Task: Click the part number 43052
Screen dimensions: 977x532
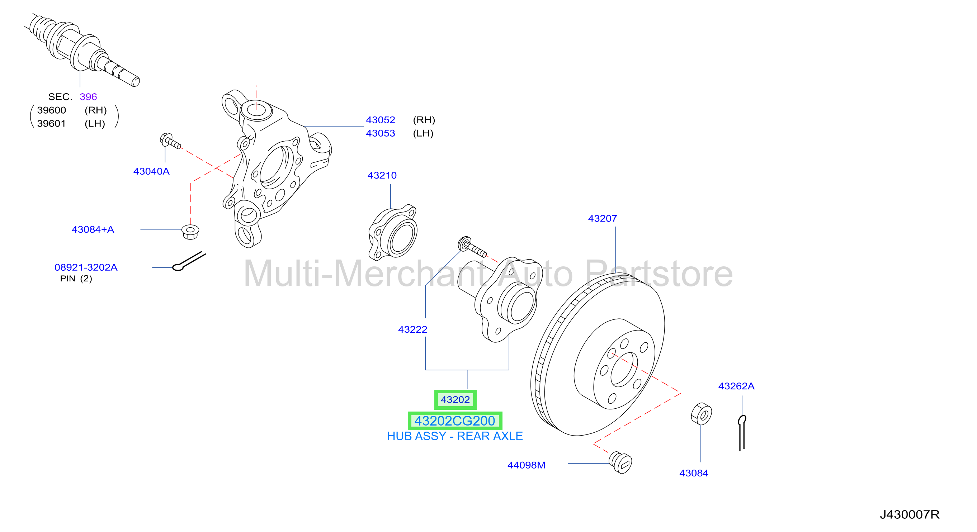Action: point(381,120)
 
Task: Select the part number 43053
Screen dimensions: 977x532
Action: point(381,133)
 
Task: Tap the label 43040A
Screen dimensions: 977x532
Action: point(151,171)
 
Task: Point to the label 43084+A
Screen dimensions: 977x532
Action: point(93,229)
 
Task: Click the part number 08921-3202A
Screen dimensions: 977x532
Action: point(86,267)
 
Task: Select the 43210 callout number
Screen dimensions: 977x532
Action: point(382,175)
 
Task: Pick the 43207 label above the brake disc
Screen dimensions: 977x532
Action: point(602,218)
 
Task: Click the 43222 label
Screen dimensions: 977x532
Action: point(413,329)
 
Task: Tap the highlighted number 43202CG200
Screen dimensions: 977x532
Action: point(455,421)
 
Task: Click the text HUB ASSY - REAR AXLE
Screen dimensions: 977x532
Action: point(455,436)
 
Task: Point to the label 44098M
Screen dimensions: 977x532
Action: point(527,465)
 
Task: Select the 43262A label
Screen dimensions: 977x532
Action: point(736,386)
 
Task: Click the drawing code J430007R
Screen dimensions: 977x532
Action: point(910,514)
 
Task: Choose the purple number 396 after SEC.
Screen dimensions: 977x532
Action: point(88,97)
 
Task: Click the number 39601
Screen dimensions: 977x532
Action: point(52,123)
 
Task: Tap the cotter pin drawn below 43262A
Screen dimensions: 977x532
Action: point(742,433)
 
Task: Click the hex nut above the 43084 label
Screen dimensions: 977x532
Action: point(701,414)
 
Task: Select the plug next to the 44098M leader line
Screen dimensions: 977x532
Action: point(620,462)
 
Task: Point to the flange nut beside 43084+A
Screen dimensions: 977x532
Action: point(190,232)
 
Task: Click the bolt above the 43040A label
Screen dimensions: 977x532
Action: point(170,141)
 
